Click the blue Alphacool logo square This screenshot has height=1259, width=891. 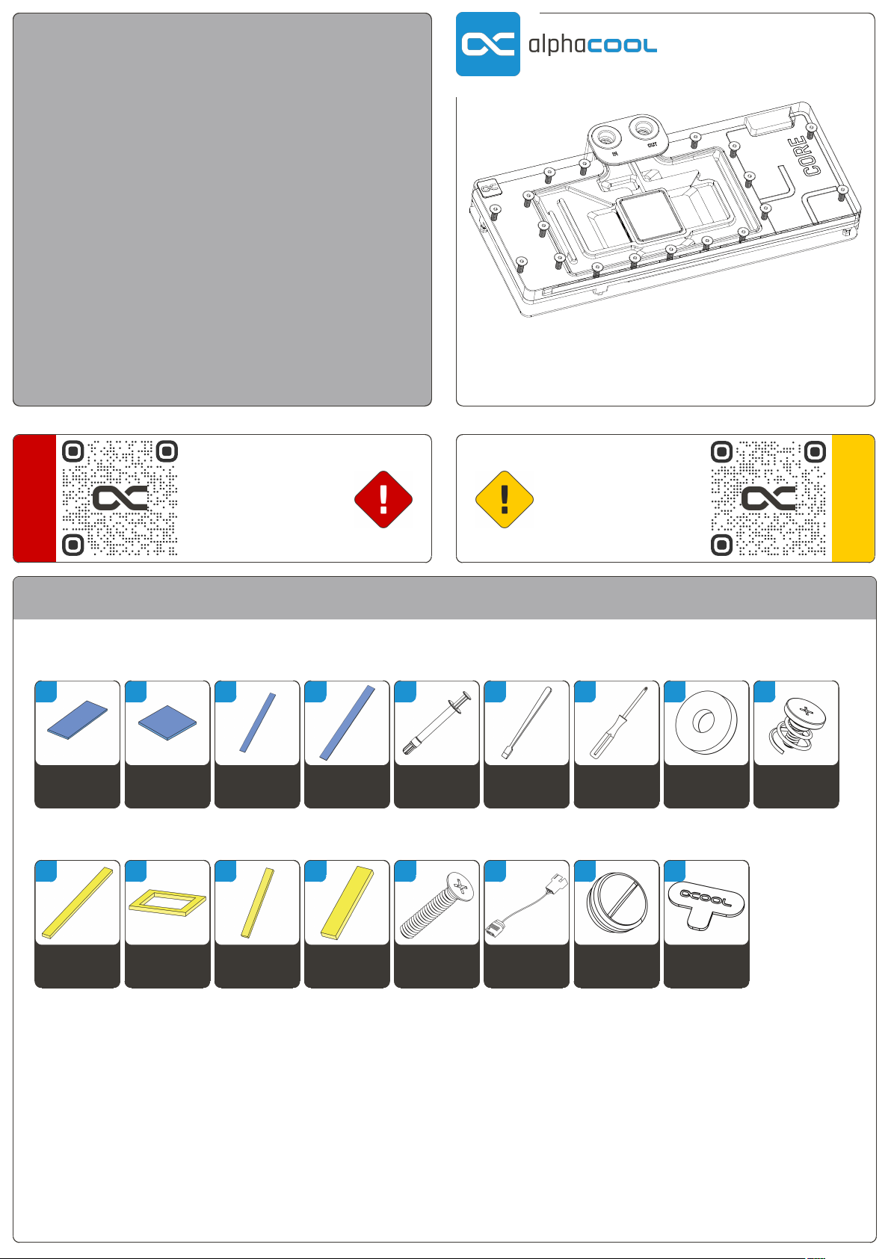(487, 44)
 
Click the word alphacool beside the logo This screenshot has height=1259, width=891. (593, 44)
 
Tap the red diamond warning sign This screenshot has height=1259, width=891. (383, 499)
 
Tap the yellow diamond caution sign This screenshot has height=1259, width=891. (505, 499)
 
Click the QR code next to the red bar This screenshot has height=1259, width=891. (120, 498)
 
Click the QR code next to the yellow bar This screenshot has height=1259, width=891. (768, 498)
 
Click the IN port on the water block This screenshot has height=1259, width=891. (606, 137)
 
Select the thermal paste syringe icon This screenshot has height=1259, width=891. (437, 723)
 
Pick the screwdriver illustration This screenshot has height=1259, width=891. (618, 723)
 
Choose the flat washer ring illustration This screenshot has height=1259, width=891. (706, 722)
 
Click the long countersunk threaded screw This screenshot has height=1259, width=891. (437, 906)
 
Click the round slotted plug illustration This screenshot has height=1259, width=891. (617, 903)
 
